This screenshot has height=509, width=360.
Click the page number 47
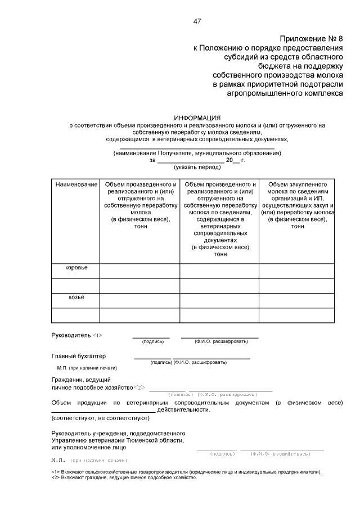click(197, 21)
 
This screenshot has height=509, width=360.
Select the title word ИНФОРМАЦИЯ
click(197, 118)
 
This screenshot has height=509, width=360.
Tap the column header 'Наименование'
click(76, 184)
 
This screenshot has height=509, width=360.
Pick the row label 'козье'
click(76, 297)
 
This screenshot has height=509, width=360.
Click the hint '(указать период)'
click(197, 167)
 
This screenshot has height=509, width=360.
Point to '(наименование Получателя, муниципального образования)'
click(197, 153)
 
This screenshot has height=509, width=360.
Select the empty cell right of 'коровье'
click(139, 271)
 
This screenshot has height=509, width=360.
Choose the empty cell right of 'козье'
click(139, 300)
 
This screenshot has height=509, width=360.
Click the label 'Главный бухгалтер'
click(78, 356)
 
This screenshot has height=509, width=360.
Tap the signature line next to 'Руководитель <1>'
click(151, 337)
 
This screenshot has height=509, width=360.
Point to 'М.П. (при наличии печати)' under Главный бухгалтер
click(87, 368)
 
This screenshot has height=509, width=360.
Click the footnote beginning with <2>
click(124, 478)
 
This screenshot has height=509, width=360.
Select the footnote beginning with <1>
click(186, 472)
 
